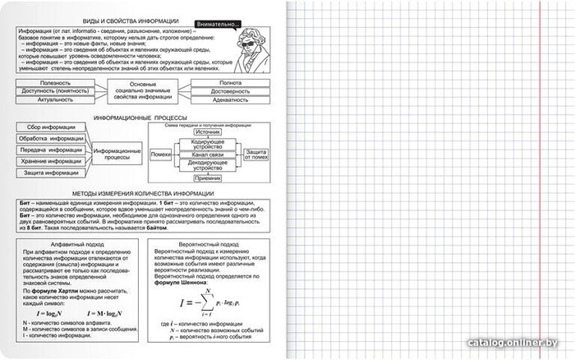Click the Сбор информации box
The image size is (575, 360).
coord(51,127)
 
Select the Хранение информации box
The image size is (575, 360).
coord(51,162)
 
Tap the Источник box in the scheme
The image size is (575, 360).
coord(207,132)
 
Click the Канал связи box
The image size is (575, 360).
coord(208,154)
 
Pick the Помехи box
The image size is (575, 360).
coord(161,154)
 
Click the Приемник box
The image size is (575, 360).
coord(208,178)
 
